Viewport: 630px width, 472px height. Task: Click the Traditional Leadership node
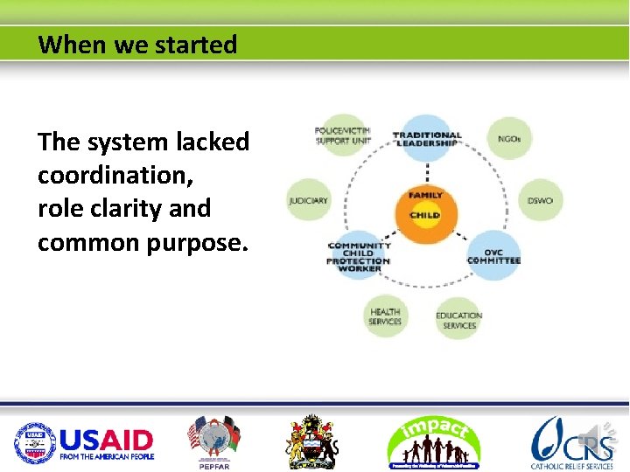tap(427, 139)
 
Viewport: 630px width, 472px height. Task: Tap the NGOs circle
tap(508, 138)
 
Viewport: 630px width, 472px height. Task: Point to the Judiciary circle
tap(309, 200)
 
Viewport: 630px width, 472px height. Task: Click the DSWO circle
tap(540, 200)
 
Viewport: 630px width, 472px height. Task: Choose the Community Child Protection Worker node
tap(359, 256)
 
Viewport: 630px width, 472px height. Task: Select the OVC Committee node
tap(493, 255)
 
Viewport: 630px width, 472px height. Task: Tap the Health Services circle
tap(385, 316)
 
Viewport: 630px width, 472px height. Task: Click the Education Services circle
tap(458, 320)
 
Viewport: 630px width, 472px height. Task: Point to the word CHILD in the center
tap(425, 215)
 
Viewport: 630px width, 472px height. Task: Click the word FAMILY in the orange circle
tap(425, 195)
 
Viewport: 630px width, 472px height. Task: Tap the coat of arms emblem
tap(312, 441)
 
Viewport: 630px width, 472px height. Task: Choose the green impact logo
tap(434, 441)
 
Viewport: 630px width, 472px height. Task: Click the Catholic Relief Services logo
tap(572, 441)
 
